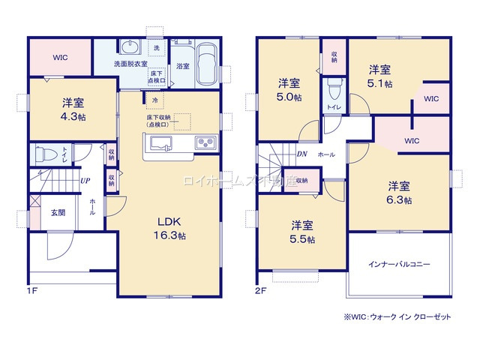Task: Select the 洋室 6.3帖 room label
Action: tap(398, 192)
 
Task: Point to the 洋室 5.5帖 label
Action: tap(303, 232)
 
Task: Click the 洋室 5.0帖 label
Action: tap(289, 90)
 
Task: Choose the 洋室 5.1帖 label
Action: tap(379, 76)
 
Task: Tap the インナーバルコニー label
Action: tap(398, 265)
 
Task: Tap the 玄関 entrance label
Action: tap(58, 212)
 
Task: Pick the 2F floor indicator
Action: tap(260, 289)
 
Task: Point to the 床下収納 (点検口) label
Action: tap(159, 120)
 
